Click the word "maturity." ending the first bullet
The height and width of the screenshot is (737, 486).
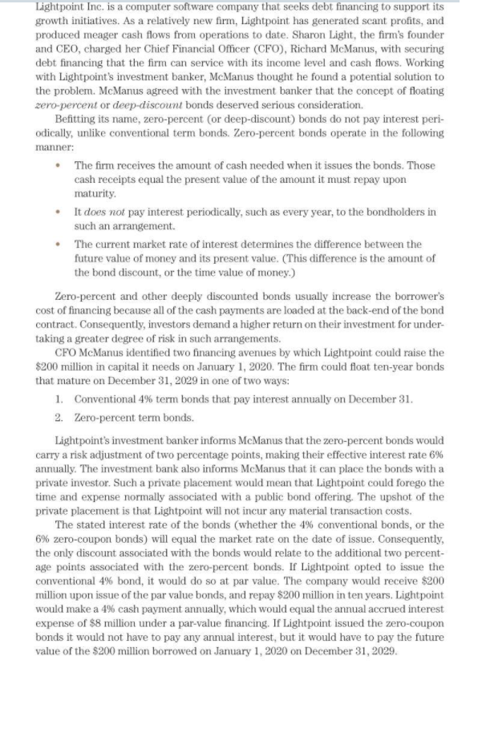[95, 193]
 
